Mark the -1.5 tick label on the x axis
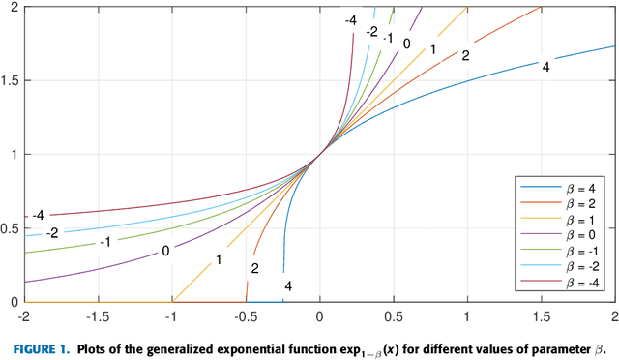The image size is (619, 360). click(98, 316)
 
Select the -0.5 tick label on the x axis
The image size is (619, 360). click(246, 316)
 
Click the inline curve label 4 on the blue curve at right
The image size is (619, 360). click(545, 67)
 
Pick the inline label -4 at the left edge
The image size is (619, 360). click(40, 215)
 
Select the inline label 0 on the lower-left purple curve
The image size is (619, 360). click(166, 251)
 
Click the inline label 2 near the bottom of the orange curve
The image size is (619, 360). click(254, 269)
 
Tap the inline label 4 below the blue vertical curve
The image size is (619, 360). click(287, 285)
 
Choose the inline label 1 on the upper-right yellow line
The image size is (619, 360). click(433, 49)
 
